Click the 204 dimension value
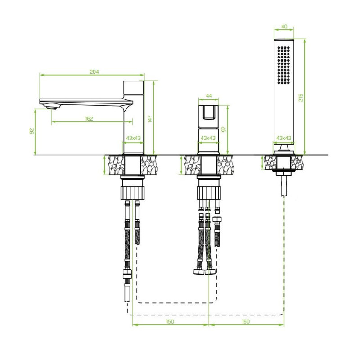(x=94, y=72)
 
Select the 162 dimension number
(x=89, y=119)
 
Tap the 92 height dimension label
(x=32, y=131)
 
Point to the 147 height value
(x=150, y=119)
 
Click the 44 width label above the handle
(x=209, y=96)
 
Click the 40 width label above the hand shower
(x=284, y=27)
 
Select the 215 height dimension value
(x=301, y=98)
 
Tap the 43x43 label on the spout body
(x=133, y=138)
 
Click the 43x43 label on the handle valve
(x=208, y=138)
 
